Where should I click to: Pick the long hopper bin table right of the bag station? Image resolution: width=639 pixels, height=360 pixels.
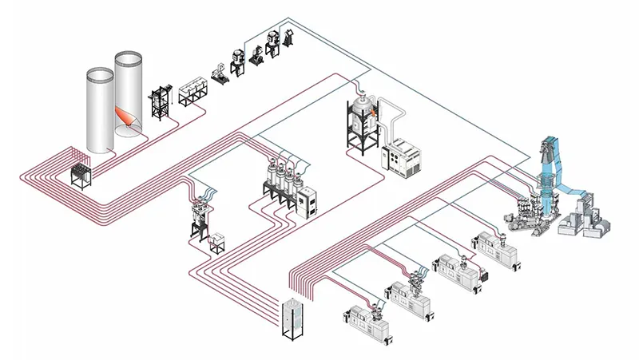pos(192,93)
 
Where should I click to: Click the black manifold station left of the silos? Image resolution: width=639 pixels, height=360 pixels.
pos(81,171)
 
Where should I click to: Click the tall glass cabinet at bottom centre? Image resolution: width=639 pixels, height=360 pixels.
pos(294,316)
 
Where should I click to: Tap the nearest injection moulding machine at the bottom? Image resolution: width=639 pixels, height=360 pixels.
pos(363,323)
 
